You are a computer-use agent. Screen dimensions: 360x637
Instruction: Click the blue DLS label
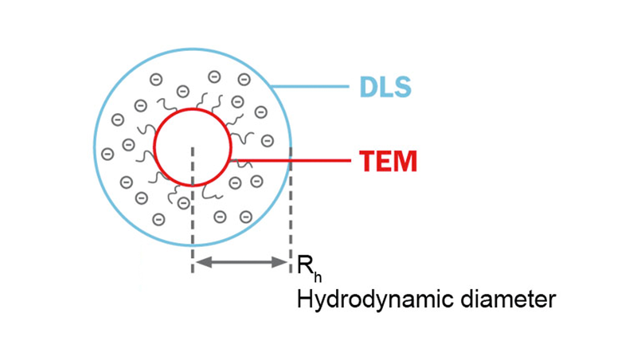coord(383,85)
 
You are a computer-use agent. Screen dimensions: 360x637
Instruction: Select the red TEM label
coord(388,162)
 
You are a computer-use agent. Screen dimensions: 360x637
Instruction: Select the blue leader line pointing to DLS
coord(311,85)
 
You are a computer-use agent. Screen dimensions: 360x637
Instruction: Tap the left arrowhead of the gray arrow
coord(201,261)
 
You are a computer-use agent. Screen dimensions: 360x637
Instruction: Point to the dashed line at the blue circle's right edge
coord(291,207)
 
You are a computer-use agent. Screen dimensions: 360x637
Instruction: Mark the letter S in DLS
coord(402,85)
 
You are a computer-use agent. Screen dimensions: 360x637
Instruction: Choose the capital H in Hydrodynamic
coord(303,300)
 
